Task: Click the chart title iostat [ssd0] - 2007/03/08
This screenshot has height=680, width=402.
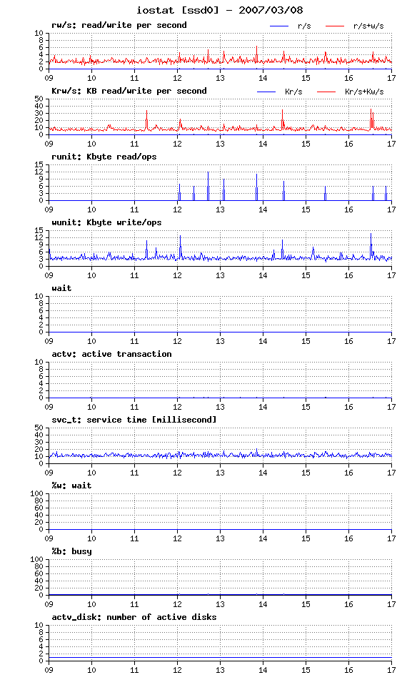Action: point(220,10)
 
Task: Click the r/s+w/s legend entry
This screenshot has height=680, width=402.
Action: point(368,26)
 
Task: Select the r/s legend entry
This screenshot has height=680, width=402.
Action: point(304,26)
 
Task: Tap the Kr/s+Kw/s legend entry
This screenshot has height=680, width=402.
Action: point(364,92)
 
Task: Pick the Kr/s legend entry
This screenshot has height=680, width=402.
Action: point(293,92)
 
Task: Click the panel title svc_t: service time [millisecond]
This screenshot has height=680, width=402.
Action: point(134,420)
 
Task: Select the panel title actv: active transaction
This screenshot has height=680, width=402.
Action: point(111,354)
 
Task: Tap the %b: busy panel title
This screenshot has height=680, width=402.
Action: point(71,551)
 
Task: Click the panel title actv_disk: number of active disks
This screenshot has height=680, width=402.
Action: point(134,617)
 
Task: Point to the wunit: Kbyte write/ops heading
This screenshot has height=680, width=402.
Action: point(106,222)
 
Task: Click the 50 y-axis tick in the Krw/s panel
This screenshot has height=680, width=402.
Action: point(39,99)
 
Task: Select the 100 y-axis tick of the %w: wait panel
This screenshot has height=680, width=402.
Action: point(37,493)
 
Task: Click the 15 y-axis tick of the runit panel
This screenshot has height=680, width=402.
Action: point(39,164)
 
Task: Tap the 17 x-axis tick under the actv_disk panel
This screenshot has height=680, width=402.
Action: point(391,670)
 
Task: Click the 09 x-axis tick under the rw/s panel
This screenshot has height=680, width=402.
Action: point(49,78)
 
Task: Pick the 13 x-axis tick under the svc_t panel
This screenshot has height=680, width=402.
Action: point(220,473)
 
